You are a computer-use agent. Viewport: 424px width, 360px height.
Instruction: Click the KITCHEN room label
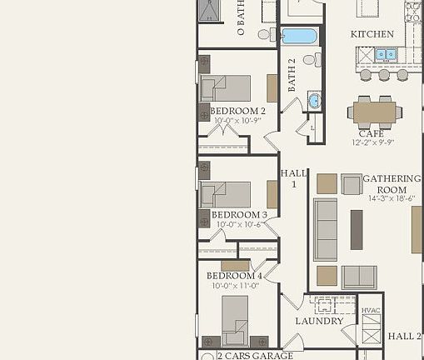click(372, 34)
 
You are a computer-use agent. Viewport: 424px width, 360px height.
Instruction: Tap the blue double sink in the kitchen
click(385, 55)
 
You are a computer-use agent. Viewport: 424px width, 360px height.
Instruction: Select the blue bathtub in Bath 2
click(299, 36)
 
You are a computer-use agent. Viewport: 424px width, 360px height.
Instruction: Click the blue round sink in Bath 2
click(314, 101)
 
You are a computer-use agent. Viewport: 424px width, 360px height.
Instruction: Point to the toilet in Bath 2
click(310, 60)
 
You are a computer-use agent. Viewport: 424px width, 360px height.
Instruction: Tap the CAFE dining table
click(374, 111)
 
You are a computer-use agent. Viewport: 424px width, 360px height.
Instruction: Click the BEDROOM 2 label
click(237, 111)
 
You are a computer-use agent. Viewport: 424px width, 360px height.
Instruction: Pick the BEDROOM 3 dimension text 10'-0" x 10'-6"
click(239, 224)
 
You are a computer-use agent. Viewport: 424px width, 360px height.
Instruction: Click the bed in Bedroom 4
click(235, 318)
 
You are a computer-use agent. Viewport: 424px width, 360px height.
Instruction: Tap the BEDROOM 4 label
click(234, 275)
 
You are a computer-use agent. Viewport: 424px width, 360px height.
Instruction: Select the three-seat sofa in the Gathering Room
click(325, 230)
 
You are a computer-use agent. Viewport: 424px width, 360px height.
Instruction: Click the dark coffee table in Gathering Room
click(357, 229)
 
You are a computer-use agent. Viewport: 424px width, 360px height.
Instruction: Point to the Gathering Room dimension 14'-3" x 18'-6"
click(390, 199)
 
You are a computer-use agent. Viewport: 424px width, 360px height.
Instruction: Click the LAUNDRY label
click(319, 321)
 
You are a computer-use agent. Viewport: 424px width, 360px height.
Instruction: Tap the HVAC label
click(371, 311)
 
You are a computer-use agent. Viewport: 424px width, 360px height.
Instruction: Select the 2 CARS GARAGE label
click(255, 356)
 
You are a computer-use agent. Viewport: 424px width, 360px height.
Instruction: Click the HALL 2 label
click(405, 337)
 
